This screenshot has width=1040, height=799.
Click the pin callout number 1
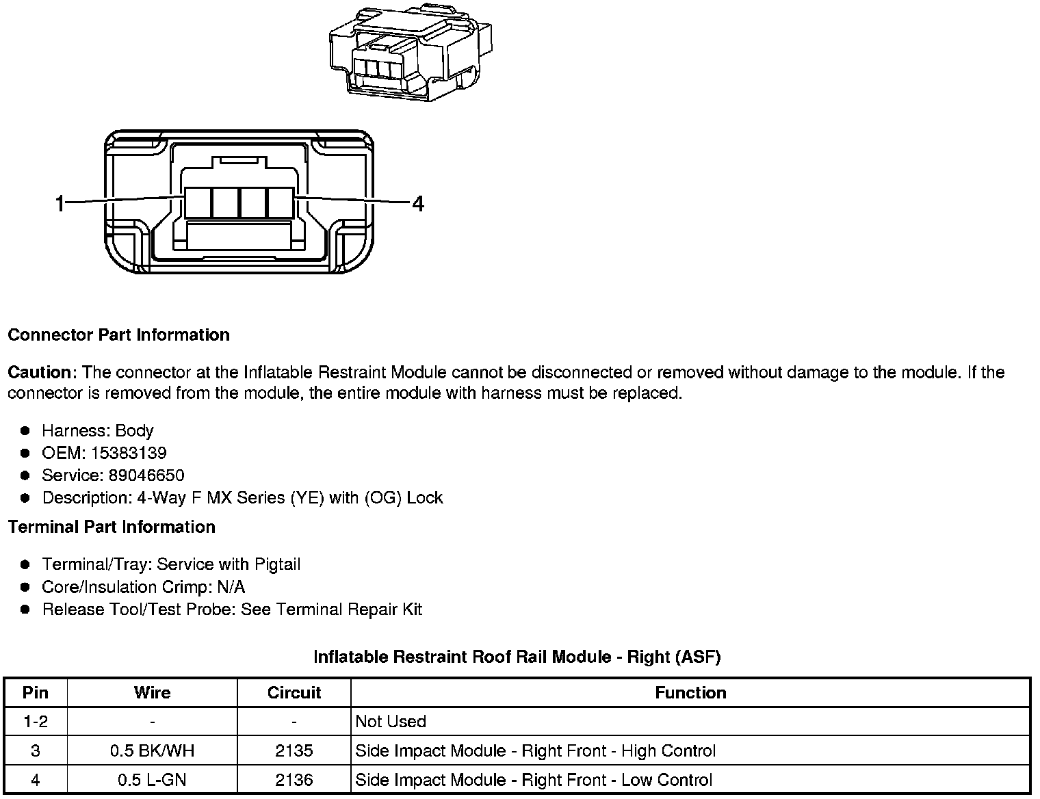60,203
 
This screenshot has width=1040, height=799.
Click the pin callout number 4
418,203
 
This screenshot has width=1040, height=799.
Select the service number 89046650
146,475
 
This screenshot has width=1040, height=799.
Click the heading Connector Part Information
118,335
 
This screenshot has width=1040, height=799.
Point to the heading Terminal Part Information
112,527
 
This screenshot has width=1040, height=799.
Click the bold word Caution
40,373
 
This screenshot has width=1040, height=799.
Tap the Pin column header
36,692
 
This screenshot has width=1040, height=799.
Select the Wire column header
152,692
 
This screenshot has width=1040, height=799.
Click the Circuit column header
294,692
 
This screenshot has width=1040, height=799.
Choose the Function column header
690,692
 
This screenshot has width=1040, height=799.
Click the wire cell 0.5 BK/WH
152,751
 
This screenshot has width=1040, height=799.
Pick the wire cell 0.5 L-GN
152,780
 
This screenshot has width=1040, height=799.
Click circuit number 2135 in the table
294,751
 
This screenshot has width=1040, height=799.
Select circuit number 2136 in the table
294,780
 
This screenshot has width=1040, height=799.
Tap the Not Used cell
391,722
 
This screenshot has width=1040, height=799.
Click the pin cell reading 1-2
36,722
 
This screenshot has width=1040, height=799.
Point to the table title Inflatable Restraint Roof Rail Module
517,657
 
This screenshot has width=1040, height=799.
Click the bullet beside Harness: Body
25,431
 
